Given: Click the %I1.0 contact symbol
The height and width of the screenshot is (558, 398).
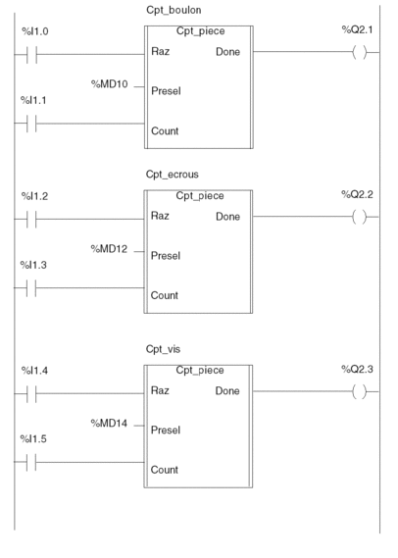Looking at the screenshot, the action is pos(31,55).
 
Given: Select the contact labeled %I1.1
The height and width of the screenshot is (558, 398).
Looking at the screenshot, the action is pos(31,124).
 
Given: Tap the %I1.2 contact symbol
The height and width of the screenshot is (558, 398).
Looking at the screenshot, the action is pos(31,219).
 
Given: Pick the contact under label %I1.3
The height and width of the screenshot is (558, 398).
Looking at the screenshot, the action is pos(31,287).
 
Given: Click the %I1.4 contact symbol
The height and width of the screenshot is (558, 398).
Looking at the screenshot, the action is pos(31,393).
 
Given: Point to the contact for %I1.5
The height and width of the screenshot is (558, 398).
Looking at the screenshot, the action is pos(31,462).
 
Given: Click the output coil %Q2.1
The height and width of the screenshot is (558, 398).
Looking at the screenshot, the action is pos(359,53).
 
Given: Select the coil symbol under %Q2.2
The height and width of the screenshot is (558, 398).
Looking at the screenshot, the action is pos(359,217).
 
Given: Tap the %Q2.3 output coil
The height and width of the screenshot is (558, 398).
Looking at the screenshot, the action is pos(359,391).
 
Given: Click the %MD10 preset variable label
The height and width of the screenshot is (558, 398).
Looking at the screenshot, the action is pos(110,84).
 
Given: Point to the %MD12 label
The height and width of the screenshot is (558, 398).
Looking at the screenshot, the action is pos(109,249).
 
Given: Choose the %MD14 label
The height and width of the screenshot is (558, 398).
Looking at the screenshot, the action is pos(109,423).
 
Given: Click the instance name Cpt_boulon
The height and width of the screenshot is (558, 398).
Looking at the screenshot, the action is pos(174,11).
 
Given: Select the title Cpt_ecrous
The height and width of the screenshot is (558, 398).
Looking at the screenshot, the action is pos(173,175).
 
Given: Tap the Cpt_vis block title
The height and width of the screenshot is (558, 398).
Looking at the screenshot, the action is pos(163,349).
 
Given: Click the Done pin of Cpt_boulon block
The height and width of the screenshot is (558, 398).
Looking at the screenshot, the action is pos(228,52).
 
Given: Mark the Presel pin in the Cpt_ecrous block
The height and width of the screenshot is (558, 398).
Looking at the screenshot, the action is pos(166,256).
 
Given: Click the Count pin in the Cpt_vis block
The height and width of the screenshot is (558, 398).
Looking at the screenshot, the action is pos(165,470).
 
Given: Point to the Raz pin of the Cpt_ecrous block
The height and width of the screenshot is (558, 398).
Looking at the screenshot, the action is pos(160,216).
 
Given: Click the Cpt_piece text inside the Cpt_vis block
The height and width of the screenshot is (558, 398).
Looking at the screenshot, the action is pos(200,371).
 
